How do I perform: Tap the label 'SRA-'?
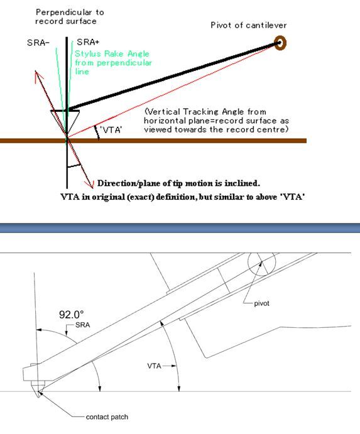click(x=38, y=43)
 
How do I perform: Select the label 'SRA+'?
click(x=88, y=42)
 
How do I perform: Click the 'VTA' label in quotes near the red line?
click(x=111, y=129)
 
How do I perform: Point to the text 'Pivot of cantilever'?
click(x=248, y=25)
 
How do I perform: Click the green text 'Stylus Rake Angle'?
click(x=112, y=53)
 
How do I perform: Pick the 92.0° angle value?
click(x=71, y=315)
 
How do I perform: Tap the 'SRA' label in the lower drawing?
click(x=82, y=325)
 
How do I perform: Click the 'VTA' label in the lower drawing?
click(x=154, y=366)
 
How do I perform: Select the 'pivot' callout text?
click(x=261, y=303)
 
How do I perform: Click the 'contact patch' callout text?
click(x=107, y=417)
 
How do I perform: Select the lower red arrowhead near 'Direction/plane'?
click(x=90, y=184)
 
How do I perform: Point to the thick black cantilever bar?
click(x=173, y=76)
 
